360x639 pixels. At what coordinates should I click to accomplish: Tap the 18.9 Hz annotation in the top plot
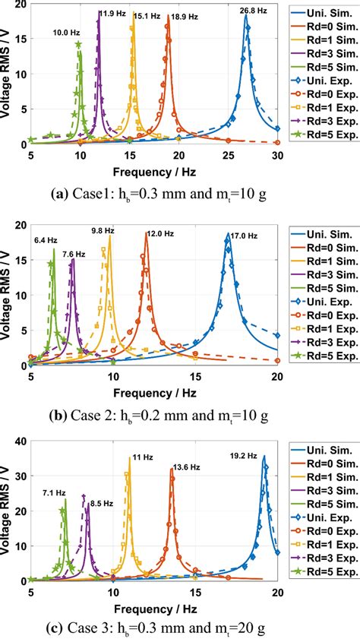tap(180, 15)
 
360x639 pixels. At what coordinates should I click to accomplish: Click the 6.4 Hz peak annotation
tap(46, 241)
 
